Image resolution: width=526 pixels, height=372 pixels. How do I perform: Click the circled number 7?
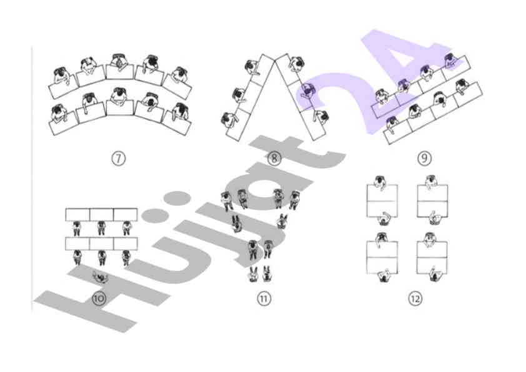coord(118,158)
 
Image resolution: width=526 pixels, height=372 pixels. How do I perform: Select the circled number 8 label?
coord(274,158)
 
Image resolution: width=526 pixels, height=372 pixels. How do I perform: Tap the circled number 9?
coord(424,158)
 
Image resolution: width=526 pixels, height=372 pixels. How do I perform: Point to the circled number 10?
coord(99,298)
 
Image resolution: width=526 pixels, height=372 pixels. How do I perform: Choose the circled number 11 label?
coord(264,298)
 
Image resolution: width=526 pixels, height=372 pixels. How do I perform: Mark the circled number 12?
coord(415,298)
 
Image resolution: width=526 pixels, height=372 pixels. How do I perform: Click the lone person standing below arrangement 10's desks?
coord(100,277)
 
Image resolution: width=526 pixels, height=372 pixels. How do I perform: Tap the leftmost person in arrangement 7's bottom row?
coord(59,113)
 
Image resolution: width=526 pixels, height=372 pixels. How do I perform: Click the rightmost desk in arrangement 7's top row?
coord(177,87)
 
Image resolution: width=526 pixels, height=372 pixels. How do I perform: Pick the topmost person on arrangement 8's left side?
coord(252,67)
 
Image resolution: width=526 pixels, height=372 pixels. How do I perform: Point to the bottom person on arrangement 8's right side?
coord(321,117)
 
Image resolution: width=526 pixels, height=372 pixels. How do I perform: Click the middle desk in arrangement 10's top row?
coord(101,215)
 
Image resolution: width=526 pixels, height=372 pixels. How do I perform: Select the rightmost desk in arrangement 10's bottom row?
coord(125,244)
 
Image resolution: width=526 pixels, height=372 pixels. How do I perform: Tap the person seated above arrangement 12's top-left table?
coord(380,182)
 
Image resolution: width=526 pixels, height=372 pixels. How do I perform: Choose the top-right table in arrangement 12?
coord(432,201)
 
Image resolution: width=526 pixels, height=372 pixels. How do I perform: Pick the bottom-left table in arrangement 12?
coord(382,257)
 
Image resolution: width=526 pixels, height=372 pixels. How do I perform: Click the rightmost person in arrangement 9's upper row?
coord(450,61)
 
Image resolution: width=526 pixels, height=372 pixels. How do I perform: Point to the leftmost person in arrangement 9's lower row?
coord(392,124)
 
